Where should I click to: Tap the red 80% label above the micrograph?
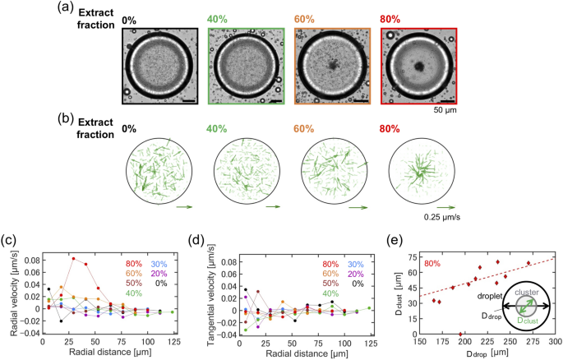(394, 19)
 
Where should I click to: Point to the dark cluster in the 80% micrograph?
(418, 68)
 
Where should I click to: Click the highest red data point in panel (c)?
(73, 259)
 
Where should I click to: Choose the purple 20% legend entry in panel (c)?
(161, 274)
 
